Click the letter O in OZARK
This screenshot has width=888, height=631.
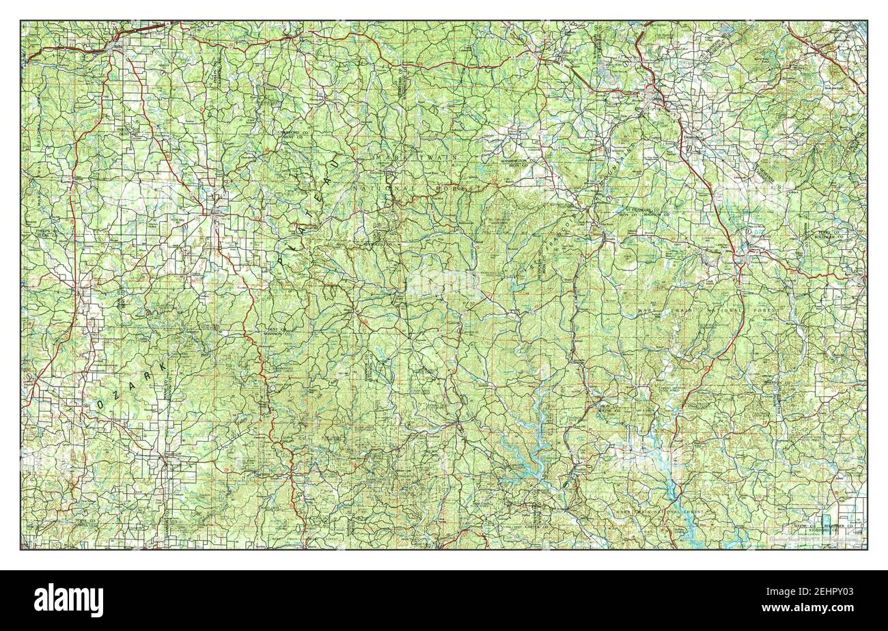pos(100,404)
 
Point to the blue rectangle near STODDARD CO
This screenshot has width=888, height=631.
pos(828,522)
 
